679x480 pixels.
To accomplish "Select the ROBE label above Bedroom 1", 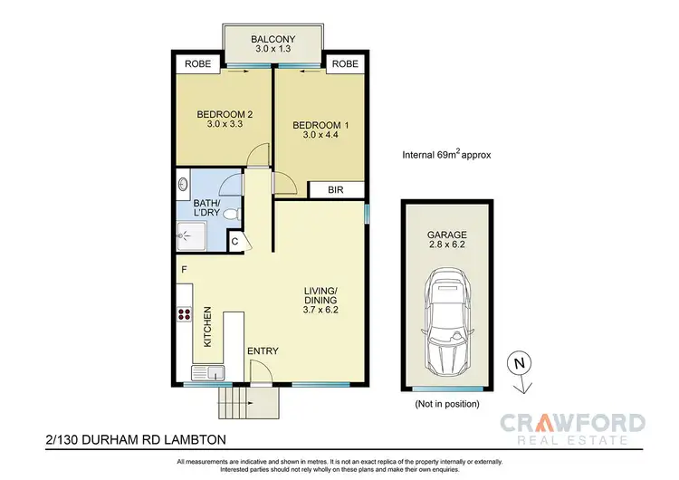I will (344, 64).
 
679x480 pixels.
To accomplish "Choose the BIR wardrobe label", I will (335, 190).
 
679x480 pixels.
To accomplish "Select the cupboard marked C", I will (235, 241).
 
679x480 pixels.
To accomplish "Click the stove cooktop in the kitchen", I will (185, 316).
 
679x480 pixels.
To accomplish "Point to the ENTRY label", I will (263, 351).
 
